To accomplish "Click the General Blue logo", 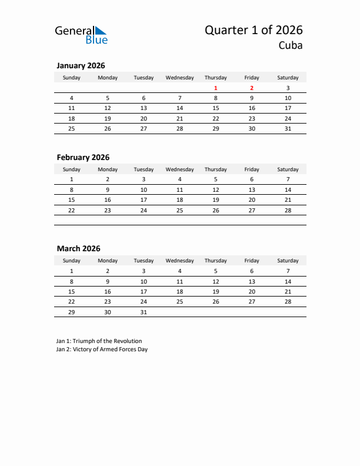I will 81,34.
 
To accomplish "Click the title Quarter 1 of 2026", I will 254,30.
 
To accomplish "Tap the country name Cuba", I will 291,46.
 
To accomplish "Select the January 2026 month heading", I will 81,66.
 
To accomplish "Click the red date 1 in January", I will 216,88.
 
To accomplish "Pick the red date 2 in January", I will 252,88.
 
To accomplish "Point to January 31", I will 288,128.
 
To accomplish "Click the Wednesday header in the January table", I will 179,78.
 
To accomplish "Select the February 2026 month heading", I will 83,158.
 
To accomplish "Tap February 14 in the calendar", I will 288,190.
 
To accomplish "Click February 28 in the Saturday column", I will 288,210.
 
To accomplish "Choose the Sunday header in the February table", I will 72,169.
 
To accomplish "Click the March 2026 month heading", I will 79,249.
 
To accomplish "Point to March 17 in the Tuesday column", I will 144,291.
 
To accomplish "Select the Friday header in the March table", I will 252,261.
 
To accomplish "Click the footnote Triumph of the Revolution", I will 99,341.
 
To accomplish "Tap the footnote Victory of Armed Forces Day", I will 102,349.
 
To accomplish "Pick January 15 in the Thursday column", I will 216,108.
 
